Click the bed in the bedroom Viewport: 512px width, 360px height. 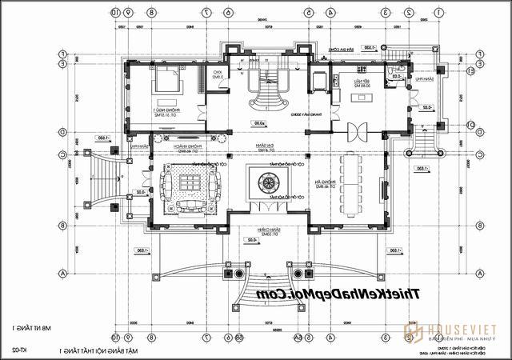click(169, 79)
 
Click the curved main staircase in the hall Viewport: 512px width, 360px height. click(269, 92)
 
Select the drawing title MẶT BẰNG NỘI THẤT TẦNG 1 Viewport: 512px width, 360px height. click(96, 350)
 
